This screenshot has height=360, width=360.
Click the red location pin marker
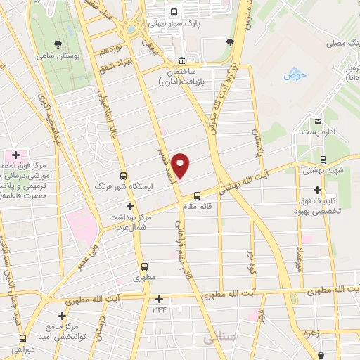(x=181, y=165)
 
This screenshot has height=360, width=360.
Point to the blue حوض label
(x=292, y=75)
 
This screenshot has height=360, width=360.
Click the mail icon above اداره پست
(x=319, y=122)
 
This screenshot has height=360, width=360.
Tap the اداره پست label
(x=319, y=132)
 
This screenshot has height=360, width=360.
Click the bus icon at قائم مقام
(x=198, y=195)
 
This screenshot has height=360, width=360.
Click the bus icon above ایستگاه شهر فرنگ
(x=124, y=176)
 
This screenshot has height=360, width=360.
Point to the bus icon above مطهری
(x=144, y=266)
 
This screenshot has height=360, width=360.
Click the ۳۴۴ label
(x=159, y=308)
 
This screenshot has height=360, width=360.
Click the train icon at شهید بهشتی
(x=323, y=159)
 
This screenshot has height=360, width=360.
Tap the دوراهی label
(x=22, y=349)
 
